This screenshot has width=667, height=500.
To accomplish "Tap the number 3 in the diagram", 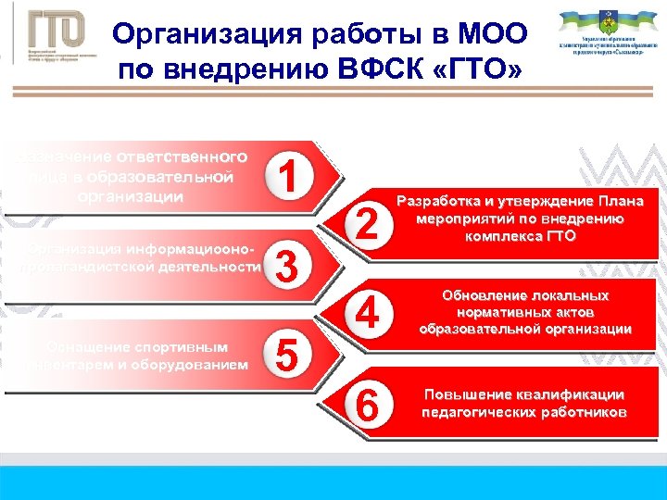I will point(288,269).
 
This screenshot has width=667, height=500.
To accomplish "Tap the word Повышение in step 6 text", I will point(467,394).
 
